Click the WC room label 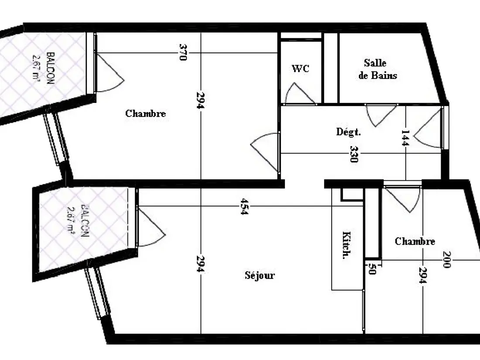300,68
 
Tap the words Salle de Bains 377,69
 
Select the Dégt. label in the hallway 348,132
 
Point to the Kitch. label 346,245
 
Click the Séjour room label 260,275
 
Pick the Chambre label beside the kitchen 415,241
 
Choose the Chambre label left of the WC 145,113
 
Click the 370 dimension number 183,52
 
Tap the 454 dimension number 244,207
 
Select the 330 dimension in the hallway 353,154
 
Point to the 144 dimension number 405,138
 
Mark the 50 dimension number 372,269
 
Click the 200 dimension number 447,260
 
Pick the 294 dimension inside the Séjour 200,264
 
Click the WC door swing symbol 300,93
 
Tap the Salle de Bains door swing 381,115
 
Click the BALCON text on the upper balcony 51,68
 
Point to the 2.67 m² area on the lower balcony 71,220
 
